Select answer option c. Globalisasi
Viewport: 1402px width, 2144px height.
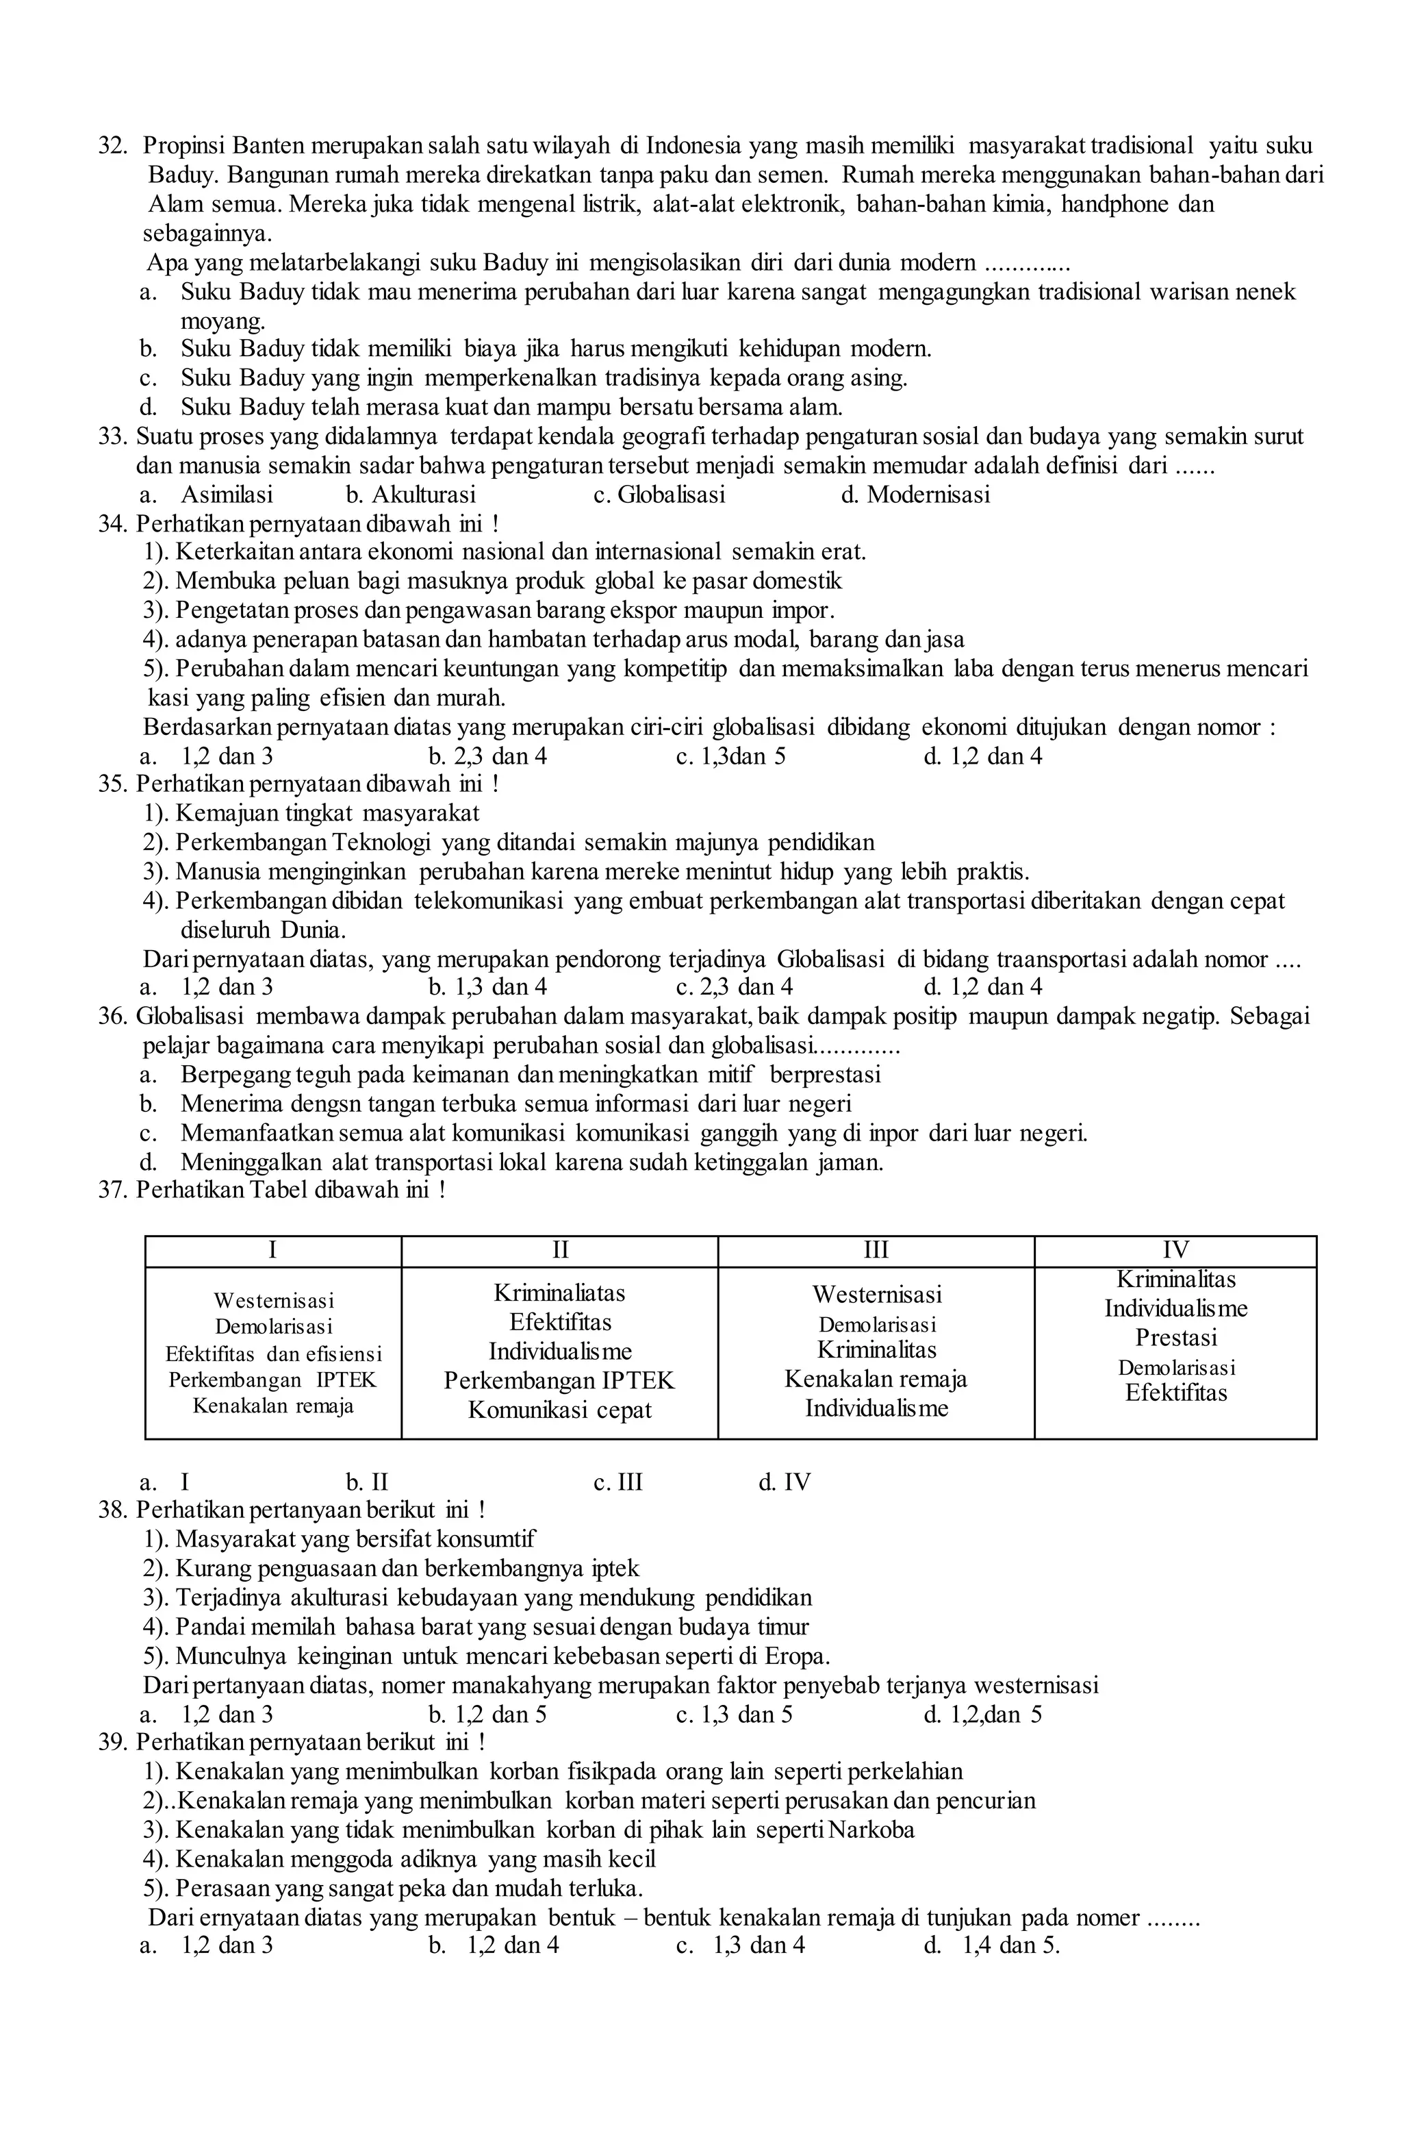click(x=659, y=495)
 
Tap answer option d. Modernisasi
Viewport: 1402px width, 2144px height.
click(x=914, y=495)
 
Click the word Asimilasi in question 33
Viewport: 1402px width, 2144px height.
click(x=226, y=495)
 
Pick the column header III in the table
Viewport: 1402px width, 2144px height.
click(x=876, y=1249)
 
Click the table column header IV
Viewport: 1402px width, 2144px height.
click(x=1175, y=1249)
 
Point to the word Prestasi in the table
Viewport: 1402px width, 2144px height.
click(x=1175, y=1337)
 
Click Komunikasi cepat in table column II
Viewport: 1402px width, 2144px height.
click(x=559, y=1410)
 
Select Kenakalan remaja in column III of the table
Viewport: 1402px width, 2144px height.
click(x=876, y=1379)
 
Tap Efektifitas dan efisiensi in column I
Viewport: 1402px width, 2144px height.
click(x=273, y=1354)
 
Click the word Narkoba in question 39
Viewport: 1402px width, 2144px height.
click(x=871, y=1830)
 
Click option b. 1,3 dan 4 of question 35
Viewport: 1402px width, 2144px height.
click(x=487, y=987)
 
